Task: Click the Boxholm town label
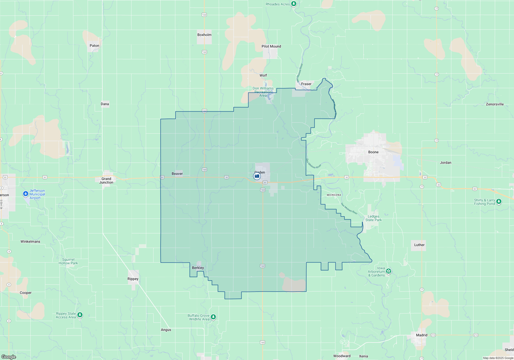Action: (204, 35)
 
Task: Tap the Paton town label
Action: (94, 46)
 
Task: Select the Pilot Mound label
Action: (271, 46)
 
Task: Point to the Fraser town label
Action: (306, 84)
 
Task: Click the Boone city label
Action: (373, 152)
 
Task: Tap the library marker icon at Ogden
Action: (257, 176)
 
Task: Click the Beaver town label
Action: (177, 174)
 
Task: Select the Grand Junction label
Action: (106, 181)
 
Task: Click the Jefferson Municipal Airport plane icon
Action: (25, 194)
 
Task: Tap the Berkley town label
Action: (198, 268)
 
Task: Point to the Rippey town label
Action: (133, 279)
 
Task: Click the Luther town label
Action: (419, 245)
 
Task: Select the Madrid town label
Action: (421, 335)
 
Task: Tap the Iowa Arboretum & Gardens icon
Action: (388, 271)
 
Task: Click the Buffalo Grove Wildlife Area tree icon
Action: (213, 317)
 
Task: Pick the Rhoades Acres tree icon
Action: (293, 4)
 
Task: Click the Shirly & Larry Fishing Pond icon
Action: (499, 201)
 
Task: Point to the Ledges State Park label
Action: (373, 218)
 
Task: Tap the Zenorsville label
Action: (494, 104)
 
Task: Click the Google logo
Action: (9, 357)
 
